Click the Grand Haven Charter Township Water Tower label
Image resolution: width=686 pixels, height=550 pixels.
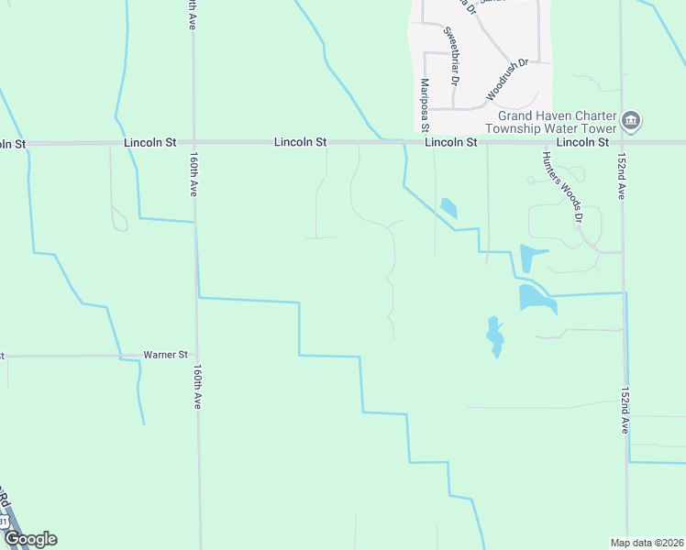pyautogui.click(x=557, y=122)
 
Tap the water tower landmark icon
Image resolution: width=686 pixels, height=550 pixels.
pyautogui.click(x=631, y=121)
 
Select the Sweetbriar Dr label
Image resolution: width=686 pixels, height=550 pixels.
pyautogui.click(x=452, y=53)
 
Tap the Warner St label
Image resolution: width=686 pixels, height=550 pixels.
pyautogui.click(x=165, y=355)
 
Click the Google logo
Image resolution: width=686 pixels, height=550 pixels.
pyautogui.click(x=29, y=539)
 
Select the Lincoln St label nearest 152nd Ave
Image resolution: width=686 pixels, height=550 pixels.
pyautogui.click(x=582, y=143)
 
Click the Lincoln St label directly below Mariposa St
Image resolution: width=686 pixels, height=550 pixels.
pyautogui.click(x=451, y=143)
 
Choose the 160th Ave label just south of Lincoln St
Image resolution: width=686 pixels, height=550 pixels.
pyautogui.click(x=193, y=175)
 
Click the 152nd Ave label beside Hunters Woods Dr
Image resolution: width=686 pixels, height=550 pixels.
pyautogui.click(x=621, y=176)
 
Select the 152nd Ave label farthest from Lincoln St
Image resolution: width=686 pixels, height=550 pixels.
pyautogui.click(x=625, y=410)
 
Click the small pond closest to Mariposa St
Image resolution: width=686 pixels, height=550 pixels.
pyautogui.click(x=448, y=208)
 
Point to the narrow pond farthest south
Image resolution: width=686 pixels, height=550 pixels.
pyautogui.click(x=495, y=336)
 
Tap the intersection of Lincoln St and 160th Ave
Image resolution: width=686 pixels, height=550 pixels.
pyautogui.click(x=193, y=143)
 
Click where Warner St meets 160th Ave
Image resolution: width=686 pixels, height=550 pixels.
pyautogui.click(x=196, y=355)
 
